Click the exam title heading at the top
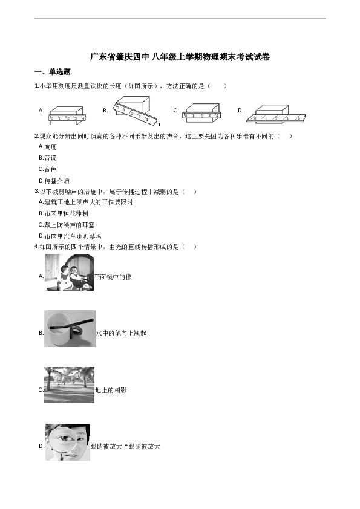pos(180,57)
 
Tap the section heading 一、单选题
pos(52,72)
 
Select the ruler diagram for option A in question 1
pos(68,115)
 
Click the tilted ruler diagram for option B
pos(135,111)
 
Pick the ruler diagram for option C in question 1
pos(201,113)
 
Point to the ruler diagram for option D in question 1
pos(277,113)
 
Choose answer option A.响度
pos(47,147)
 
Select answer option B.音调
pos(47,158)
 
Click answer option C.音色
pos(47,169)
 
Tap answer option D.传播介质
pos(54,181)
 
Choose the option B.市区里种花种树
pos(64,213)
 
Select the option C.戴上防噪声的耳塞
pos(67,225)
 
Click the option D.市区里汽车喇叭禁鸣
pos(70,236)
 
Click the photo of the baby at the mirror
pos(69,273)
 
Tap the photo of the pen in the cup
pos(70,328)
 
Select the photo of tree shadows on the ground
pos(69,385)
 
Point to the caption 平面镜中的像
pos(113,277)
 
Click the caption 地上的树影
pos(111,390)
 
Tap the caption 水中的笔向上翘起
pos(121,333)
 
